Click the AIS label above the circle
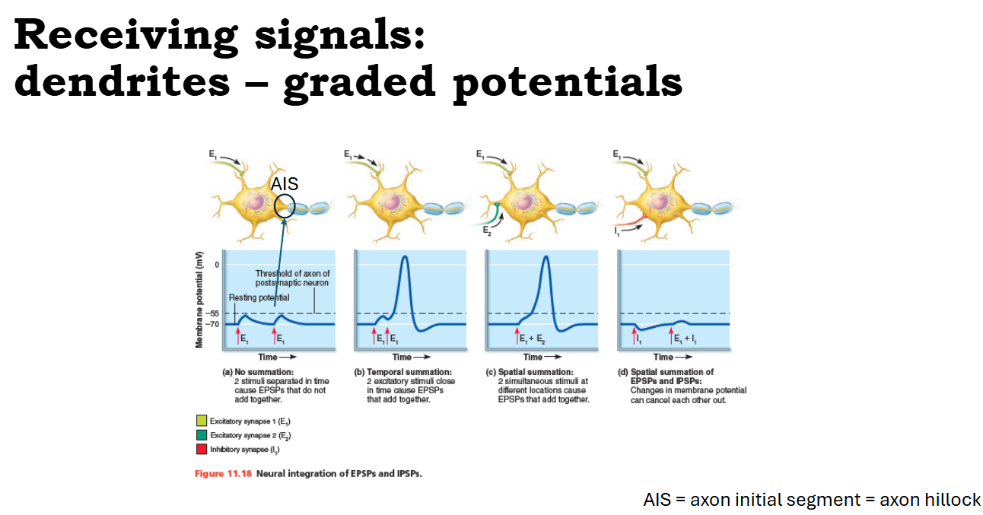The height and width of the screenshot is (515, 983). click(285, 184)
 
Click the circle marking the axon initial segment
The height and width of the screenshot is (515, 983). click(275, 205)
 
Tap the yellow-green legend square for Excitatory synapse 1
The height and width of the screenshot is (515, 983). click(202, 421)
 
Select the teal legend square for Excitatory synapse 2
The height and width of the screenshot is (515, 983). click(202, 434)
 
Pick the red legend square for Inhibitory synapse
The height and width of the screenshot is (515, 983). click(202, 449)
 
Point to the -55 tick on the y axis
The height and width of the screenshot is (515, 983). click(213, 313)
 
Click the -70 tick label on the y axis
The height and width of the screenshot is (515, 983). click(213, 325)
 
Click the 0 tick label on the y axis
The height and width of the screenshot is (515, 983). click(217, 265)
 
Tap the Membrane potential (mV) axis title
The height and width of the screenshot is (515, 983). click(199, 300)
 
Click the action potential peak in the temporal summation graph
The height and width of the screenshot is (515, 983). click(405, 256)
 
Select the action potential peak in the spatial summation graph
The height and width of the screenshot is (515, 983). click(546, 256)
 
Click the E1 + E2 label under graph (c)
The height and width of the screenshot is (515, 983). click(533, 339)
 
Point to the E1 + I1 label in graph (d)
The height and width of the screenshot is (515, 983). click(685, 339)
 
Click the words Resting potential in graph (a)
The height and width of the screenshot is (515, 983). click(259, 297)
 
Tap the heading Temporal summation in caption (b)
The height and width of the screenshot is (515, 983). click(409, 372)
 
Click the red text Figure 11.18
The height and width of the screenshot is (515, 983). click(224, 474)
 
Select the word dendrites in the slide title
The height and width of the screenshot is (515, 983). click(122, 81)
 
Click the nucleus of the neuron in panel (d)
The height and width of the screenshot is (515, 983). click(660, 202)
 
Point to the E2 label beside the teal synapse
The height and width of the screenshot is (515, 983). click(487, 230)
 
